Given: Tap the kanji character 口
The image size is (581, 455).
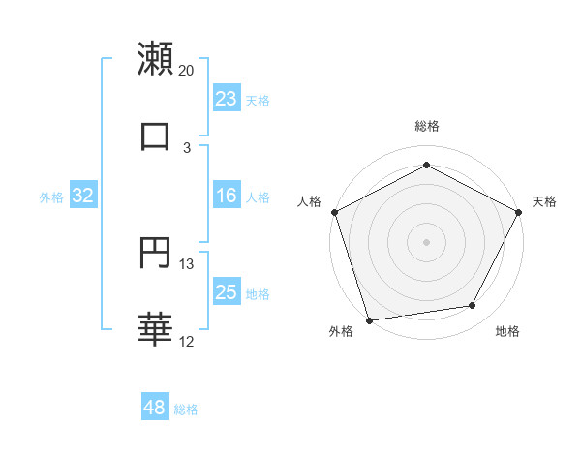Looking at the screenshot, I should pyautogui.click(x=155, y=136).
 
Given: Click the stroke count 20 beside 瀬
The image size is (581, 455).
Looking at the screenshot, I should pyautogui.click(x=187, y=71).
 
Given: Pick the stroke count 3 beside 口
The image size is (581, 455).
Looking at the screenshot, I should pyautogui.click(x=187, y=147).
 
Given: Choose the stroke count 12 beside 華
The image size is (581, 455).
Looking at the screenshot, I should pyautogui.click(x=187, y=341).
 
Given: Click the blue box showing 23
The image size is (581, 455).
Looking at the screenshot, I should pyautogui.click(x=227, y=98).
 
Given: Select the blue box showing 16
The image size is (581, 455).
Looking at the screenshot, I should pyautogui.click(x=227, y=196).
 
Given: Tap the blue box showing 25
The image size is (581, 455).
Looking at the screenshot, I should pyautogui.click(x=227, y=292).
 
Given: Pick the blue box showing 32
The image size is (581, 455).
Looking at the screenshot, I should pyautogui.click(x=83, y=196).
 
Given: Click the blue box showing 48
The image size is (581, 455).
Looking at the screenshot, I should pyautogui.click(x=155, y=408).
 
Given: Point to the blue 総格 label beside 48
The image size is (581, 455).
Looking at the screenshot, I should pyautogui.click(x=186, y=409).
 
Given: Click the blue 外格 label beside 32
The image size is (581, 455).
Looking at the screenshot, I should pyautogui.click(x=51, y=197).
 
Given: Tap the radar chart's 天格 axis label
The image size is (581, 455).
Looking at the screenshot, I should pyautogui.click(x=545, y=201).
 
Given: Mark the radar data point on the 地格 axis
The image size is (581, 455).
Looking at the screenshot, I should pyautogui.click(x=473, y=306).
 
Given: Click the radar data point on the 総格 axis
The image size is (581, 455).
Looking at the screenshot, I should pyautogui.click(x=426, y=166).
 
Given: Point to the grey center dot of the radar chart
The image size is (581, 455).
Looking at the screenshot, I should pyautogui.click(x=426, y=241).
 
